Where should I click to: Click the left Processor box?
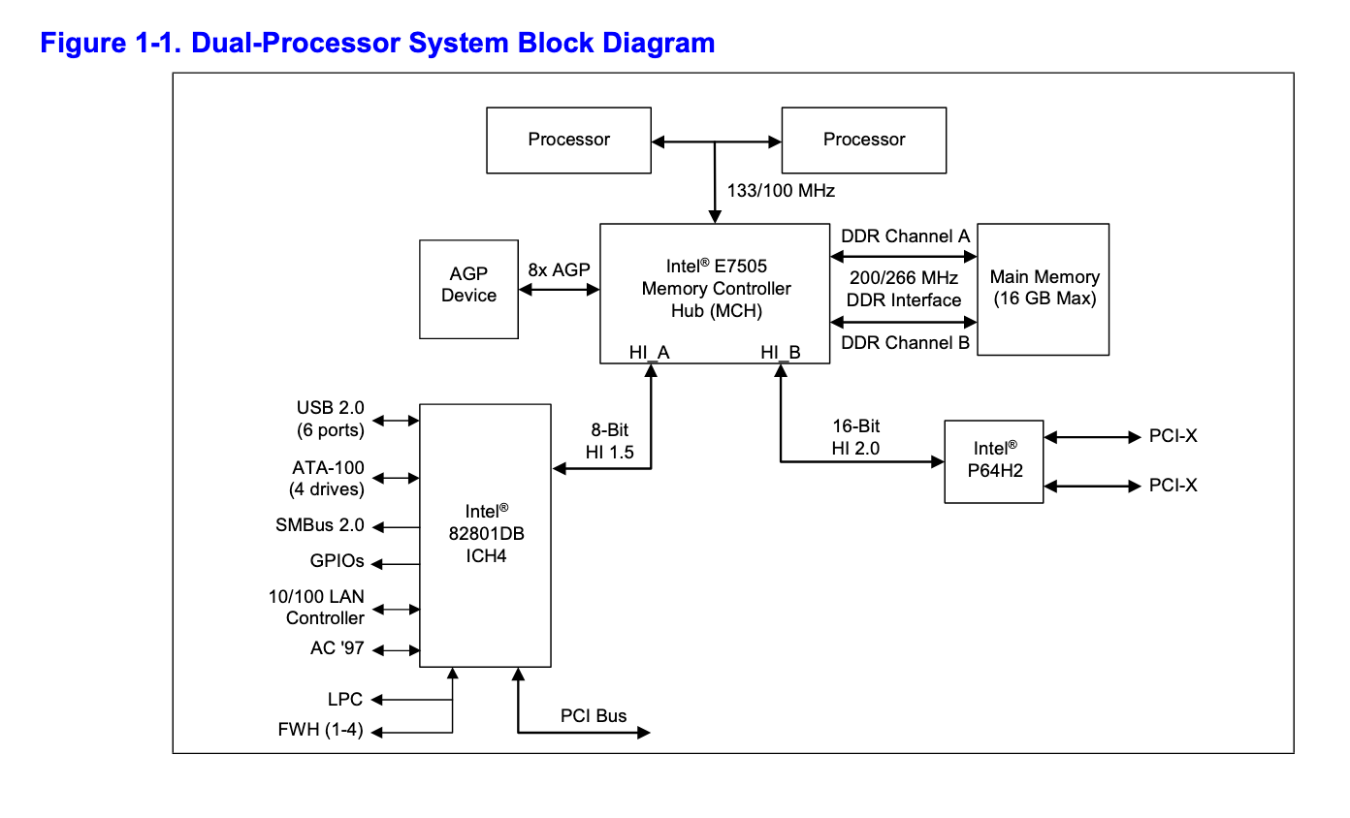point(568,140)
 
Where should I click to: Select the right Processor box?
point(863,140)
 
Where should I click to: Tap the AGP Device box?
point(468,289)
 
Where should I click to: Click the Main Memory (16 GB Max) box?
point(1044,289)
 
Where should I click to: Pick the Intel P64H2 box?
point(994,460)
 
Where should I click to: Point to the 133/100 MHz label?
point(782,190)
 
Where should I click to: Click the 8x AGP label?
point(559,270)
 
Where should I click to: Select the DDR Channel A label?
point(905,236)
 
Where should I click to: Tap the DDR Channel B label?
point(905,342)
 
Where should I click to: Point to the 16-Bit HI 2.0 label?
point(855,437)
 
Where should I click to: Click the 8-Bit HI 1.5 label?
point(610,440)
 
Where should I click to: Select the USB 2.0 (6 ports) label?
point(330,419)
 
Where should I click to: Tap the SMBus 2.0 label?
point(320,525)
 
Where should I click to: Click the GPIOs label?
point(337,561)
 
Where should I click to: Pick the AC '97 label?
point(337,648)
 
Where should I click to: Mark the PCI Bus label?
point(594,716)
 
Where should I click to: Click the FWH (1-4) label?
point(320,731)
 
